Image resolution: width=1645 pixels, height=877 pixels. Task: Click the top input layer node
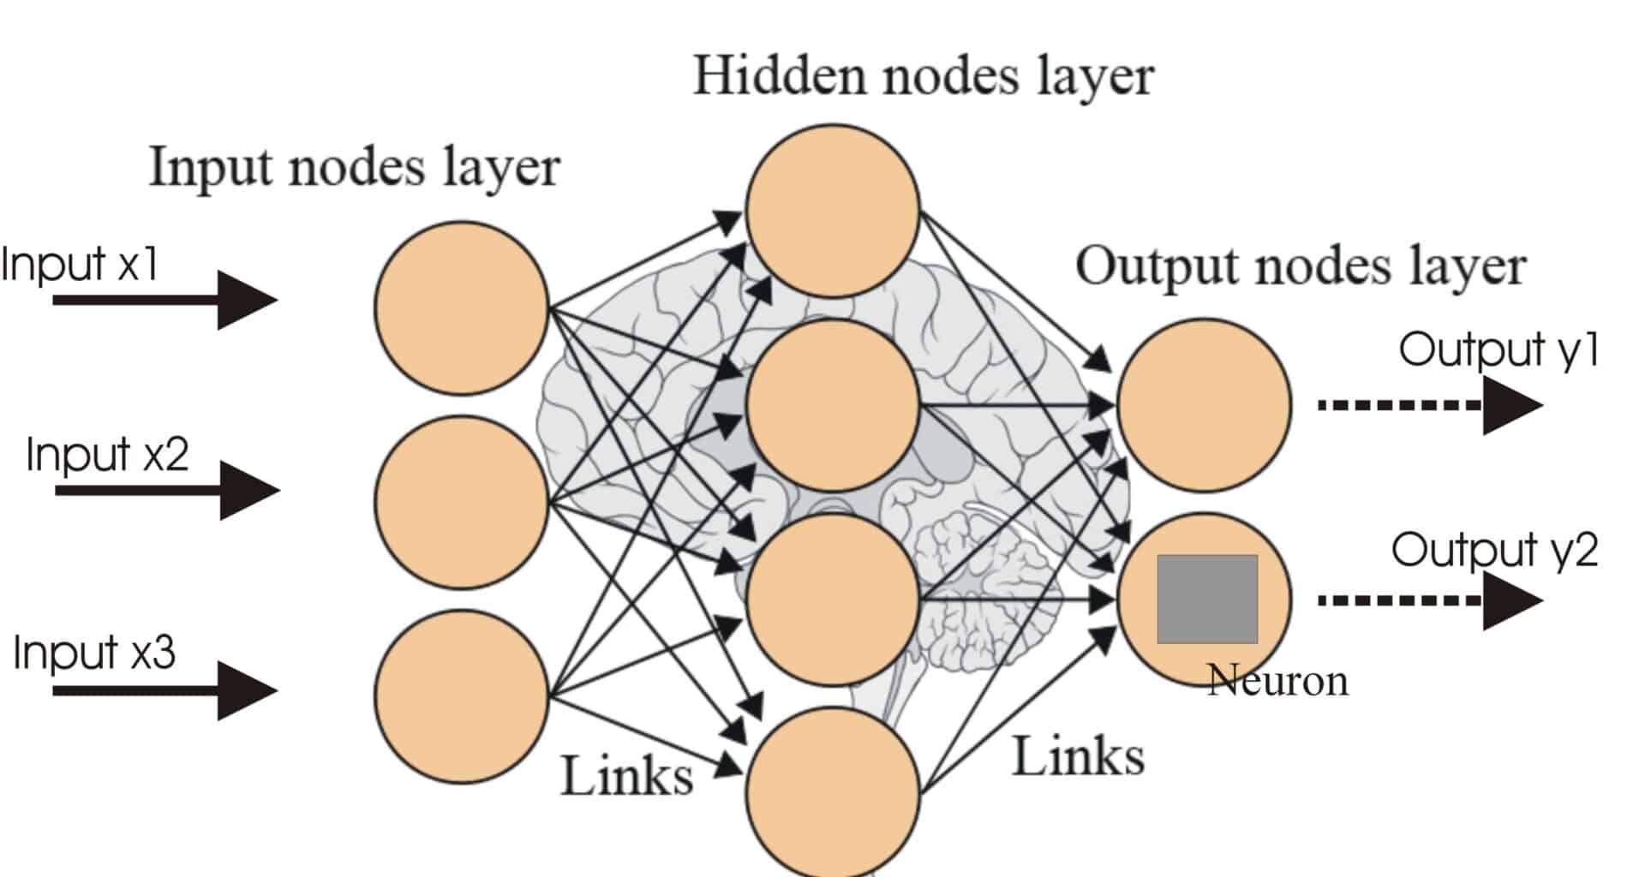[462, 308]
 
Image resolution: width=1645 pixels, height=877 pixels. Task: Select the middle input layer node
[462, 502]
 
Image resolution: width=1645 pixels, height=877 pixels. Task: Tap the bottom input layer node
[462, 695]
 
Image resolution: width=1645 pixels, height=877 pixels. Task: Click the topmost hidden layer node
[833, 211]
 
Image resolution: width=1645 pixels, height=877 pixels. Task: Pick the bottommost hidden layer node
[833, 793]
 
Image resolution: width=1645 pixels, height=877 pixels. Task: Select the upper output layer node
[1204, 405]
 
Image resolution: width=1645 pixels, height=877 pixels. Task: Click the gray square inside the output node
[1207, 599]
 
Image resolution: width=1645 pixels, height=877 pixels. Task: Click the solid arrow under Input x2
[167, 490]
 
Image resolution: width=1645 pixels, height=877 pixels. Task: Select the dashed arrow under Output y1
[1429, 405]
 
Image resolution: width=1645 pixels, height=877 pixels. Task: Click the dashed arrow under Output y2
[1429, 600]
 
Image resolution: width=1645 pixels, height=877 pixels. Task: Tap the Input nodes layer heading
[355, 166]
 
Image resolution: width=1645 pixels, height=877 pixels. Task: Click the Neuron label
[1277, 682]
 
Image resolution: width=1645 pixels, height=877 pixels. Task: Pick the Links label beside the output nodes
[1079, 757]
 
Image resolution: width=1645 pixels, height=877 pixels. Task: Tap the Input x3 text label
[94, 653]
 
